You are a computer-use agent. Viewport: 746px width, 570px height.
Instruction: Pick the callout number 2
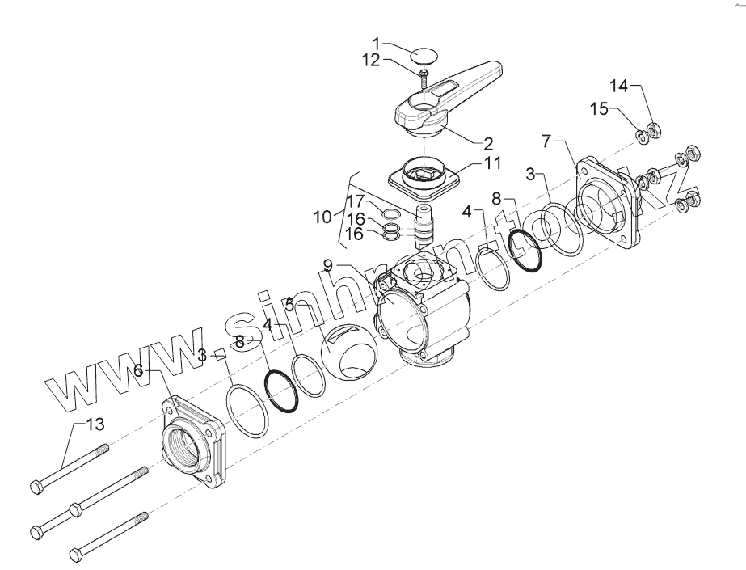[x=488, y=144]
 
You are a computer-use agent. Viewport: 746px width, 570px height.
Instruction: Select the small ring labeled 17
[x=389, y=213]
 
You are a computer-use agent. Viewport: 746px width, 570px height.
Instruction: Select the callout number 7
[x=547, y=141]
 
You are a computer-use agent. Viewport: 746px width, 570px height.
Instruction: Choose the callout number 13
[x=95, y=423]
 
